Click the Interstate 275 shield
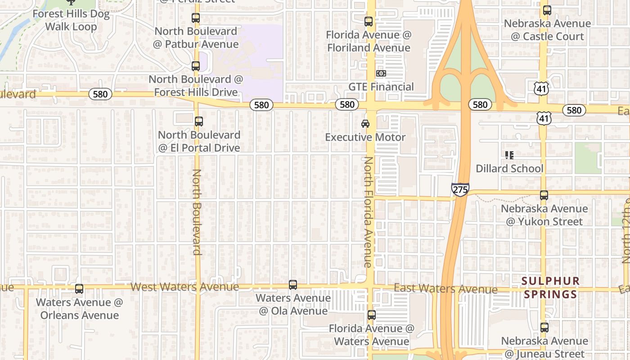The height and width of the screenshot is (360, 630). point(460,189)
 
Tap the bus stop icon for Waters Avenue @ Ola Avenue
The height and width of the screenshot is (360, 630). point(293,284)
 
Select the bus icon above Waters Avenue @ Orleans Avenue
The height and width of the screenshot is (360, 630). point(79,289)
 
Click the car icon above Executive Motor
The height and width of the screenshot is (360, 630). point(365,123)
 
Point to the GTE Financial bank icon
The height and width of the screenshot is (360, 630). point(381,73)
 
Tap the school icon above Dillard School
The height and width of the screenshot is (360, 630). point(509,155)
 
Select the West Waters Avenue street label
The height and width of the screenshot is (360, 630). point(184,287)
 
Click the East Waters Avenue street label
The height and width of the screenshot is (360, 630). point(445,288)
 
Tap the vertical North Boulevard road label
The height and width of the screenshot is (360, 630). point(197,211)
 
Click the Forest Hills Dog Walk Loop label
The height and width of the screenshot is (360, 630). point(71,20)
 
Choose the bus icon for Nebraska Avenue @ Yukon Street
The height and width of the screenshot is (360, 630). point(544,195)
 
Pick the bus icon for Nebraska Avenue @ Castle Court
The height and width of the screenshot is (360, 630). point(547,10)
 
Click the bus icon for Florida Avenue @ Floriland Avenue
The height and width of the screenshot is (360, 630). point(369,21)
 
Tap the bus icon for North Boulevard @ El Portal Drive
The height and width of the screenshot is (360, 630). point(198,121)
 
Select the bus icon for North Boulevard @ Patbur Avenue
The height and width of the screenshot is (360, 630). point(196,18)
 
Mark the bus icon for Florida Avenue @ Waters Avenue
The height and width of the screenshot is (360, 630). point(372,315)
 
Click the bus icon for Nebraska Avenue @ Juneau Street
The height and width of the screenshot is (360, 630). point(544,328)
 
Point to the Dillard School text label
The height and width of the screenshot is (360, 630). point(510,168)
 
